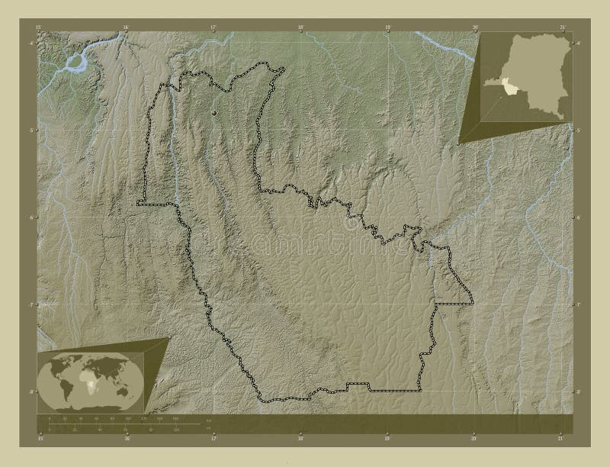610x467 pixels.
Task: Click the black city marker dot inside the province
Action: [x=214, y=112]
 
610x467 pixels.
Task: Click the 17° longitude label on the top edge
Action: [x=214, y=27]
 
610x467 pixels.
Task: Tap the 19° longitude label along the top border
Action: [x=387, y=27]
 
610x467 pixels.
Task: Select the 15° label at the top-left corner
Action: [x=40, y=27]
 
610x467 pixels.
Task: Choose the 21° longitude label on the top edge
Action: [x=562, y=27]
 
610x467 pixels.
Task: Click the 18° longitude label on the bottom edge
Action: [x=300, y=438]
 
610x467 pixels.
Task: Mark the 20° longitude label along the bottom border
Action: [x=474, y=438]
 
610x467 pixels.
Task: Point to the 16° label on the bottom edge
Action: [x=127, y=438]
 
